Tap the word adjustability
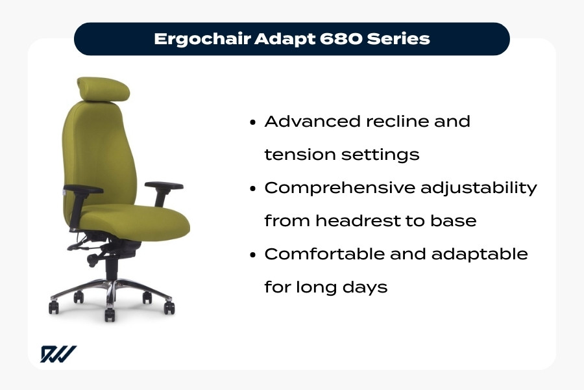(481, 188)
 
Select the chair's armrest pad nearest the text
(164, 185)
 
